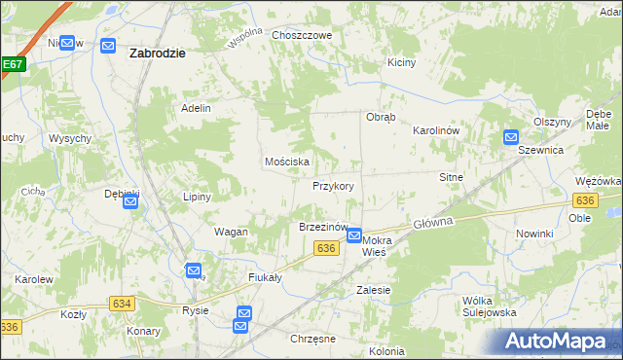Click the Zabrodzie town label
157,54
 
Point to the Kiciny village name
401,62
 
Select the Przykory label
333,185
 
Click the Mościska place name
287,162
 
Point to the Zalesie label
374,290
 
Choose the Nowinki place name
534,234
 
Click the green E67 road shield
12,65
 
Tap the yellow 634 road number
121,304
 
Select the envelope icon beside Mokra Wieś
355,235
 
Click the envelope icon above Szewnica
512,138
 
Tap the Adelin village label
197,108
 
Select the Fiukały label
265,277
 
